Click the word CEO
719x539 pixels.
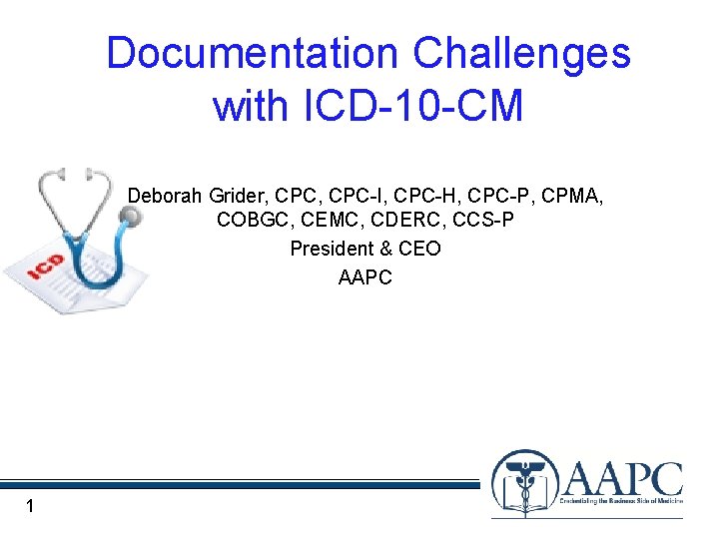419,249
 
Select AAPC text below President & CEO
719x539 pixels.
365,276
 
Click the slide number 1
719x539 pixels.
31,507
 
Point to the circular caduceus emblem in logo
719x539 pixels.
524,484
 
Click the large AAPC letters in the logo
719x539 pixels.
623,479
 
